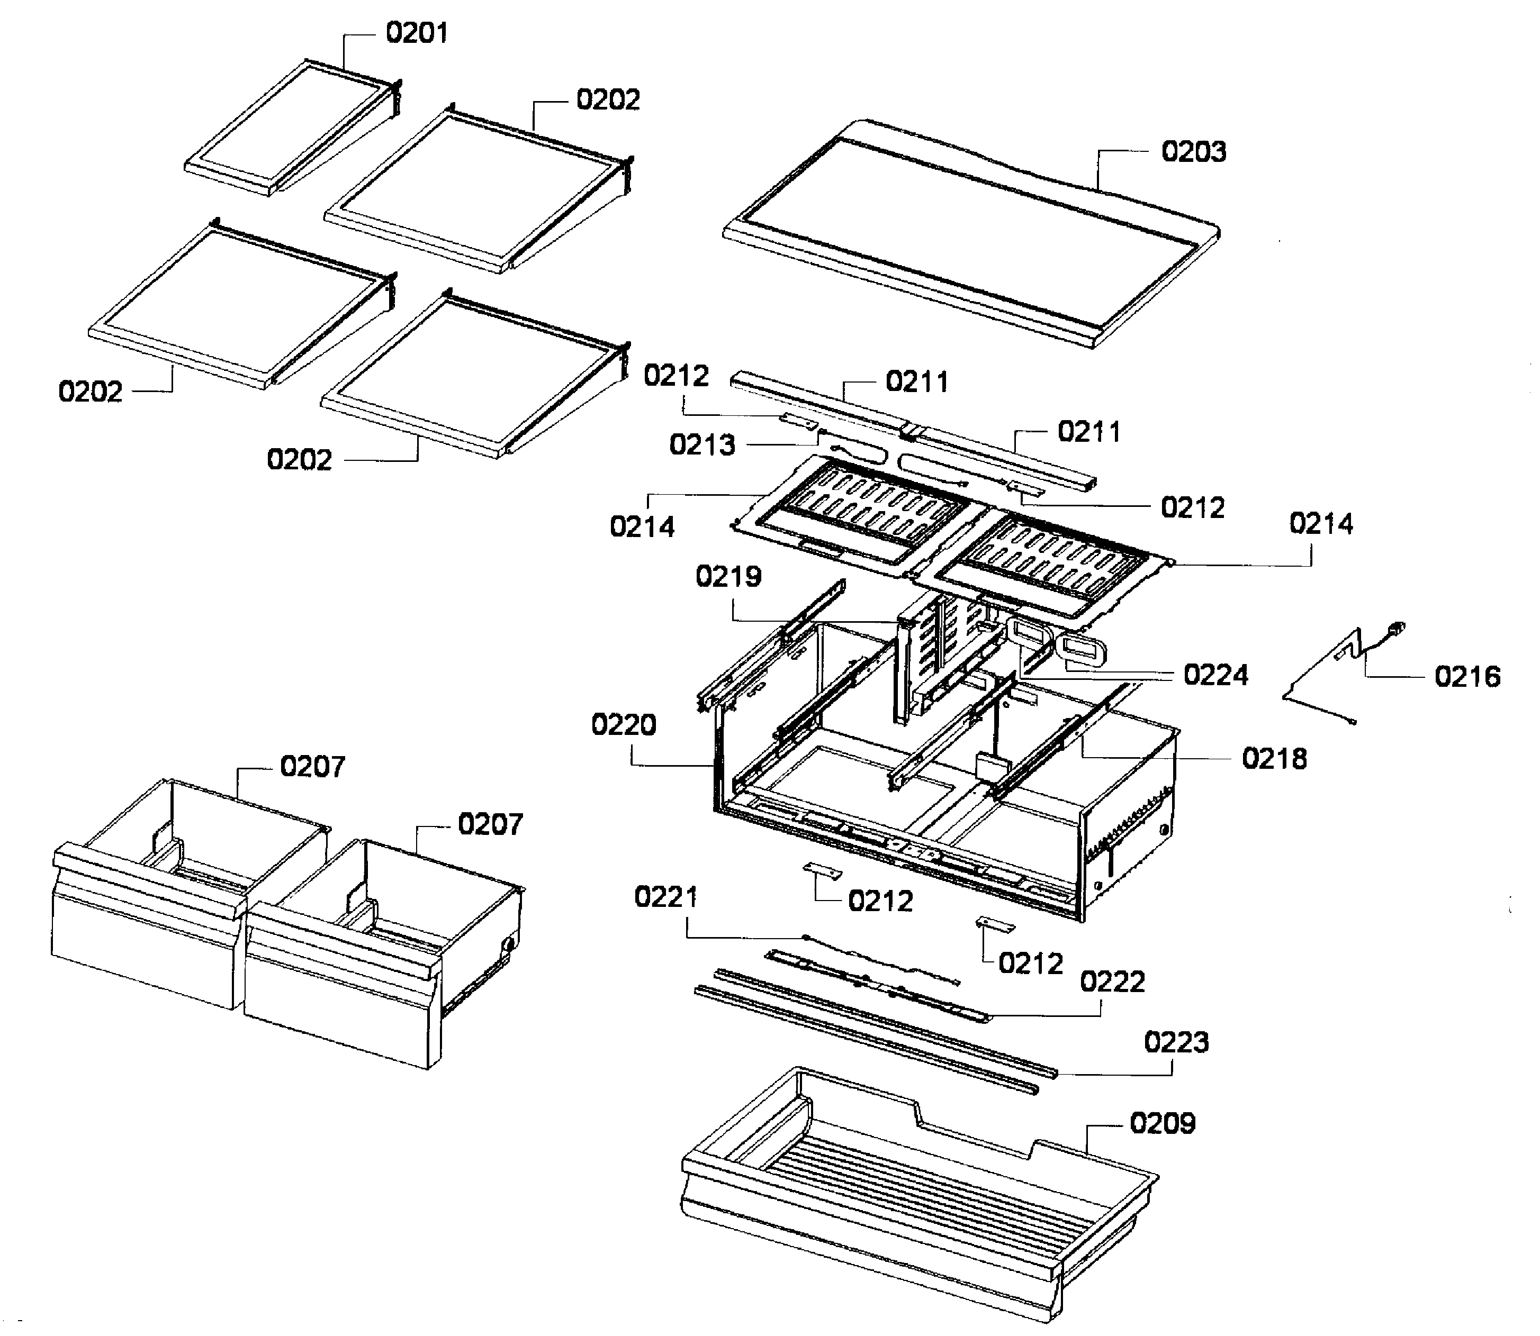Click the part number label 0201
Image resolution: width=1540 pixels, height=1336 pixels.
click(x=416, y=33)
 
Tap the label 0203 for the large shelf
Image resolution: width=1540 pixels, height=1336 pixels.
click(x=1193, y=151)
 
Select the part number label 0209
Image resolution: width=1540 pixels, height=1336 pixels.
click(x=1162, y=1123)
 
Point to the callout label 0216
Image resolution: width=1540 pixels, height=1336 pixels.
click(x=1467, y=676)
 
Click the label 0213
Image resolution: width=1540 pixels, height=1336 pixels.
click(x=702, y=445)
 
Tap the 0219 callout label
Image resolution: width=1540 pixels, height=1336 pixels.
click(x=728, y=576)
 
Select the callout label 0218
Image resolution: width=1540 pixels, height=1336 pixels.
click(x=1274, y=759)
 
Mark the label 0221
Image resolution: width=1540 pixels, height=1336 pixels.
click(x=666, y=897)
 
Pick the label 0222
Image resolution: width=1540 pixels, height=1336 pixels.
click(x=1112, y=982)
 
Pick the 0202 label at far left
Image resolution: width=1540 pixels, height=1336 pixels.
click(x=90, y=392)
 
